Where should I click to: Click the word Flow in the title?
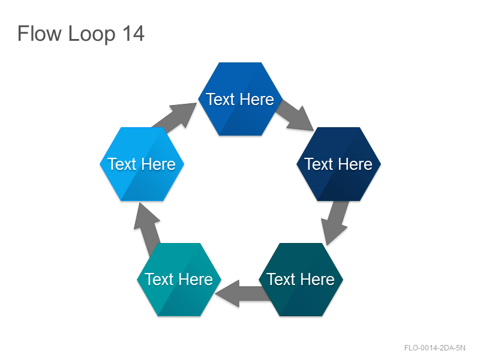pos(40,33)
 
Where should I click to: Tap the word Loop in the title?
pos(92,34)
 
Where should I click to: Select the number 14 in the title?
pos(133,34)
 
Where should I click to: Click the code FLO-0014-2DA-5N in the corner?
pos(434,348)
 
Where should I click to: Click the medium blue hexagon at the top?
pos(241,99)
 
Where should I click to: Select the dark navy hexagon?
pos(338,164)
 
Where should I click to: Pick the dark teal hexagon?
pos(301,280)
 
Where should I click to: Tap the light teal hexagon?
pos(179,280)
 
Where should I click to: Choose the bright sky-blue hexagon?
pos(142,164)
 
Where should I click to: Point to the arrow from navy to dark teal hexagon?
pos(335,222)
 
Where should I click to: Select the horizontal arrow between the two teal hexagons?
pos(242,293)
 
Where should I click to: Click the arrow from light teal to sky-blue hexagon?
pos(146,228)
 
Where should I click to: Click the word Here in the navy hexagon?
pos(355,164)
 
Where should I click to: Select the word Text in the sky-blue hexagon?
pos(122,164)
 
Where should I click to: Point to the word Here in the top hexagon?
pos(257,99)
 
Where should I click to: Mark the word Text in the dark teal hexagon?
pos(281,279)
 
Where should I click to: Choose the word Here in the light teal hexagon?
pos(196,279)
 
